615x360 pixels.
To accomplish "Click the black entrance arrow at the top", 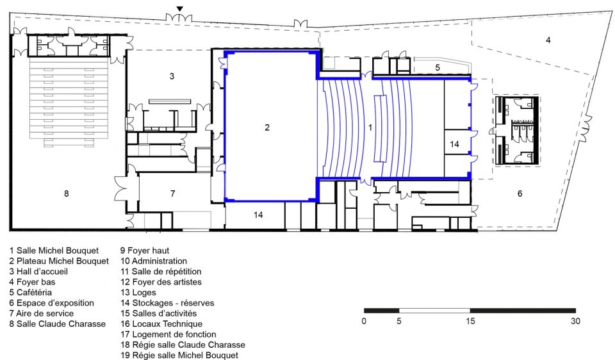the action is (x=179, y=8).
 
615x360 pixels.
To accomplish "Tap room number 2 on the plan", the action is (x=267, y=127).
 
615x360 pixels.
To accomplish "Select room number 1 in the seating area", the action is (x=370, y=127).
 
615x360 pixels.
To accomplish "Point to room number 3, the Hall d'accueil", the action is (x=172, y=76).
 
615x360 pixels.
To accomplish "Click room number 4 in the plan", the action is (x=548, y=40).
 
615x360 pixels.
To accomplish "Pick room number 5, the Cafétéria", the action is (x=438, y=67).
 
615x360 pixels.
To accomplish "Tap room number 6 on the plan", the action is (x=520, y=193).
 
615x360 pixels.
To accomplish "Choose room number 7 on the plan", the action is (x=172, y=193).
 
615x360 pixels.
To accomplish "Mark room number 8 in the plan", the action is (x=66, y=193).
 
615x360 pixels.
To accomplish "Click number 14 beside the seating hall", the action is (x=454, y=144).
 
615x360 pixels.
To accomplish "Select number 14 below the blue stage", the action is (x=258, y=215).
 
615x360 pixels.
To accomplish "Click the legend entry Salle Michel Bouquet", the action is (x=54, y=250).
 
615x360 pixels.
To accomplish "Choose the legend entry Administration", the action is (x=154, y=261).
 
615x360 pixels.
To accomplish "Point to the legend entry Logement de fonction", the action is (x=168, y=334).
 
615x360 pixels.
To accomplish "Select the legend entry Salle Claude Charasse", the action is (x=58, y=324).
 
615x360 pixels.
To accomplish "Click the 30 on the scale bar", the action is (x=575, y=321).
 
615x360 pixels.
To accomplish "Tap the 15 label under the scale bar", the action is (x=470, y=321).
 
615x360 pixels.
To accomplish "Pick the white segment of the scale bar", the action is (x=434, y=311).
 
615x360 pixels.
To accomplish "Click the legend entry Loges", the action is (x=138, y=293).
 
